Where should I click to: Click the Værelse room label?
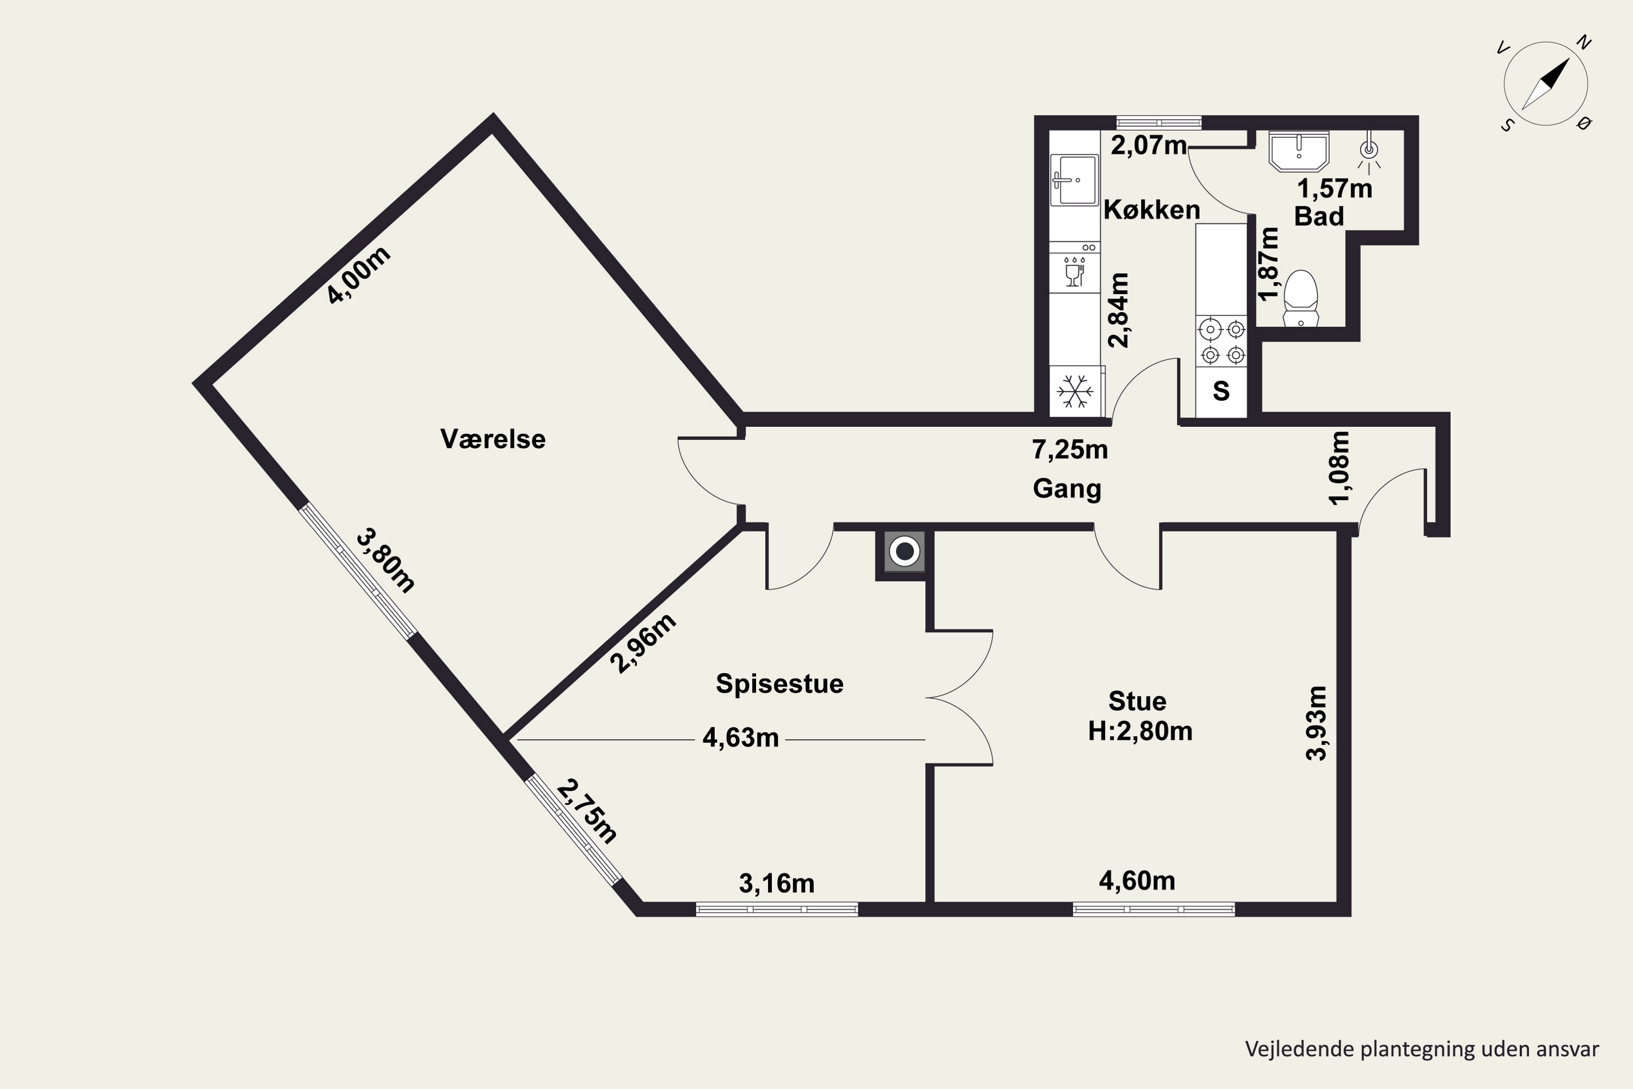coord(493,439)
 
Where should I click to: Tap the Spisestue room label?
coord(779,684)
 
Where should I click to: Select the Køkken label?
coord(1152,210)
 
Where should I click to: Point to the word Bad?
coord(1319,217)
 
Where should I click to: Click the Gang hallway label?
coord(1067,489)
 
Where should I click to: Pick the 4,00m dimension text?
coord(359,275)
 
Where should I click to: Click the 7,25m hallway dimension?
coord(1070,450)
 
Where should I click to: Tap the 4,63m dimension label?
coord(741,738)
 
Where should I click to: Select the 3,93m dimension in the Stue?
coord(1316,723)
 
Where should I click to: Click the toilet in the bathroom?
coord(1300,298)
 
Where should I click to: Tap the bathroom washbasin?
coord(1298,151)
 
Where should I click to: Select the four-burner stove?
coord(1221,341)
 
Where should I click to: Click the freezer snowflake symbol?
coord(1075,391)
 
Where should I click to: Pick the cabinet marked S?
coord(1221,391)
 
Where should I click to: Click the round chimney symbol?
coord(905,552)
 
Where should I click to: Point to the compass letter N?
coord(1583,43)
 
